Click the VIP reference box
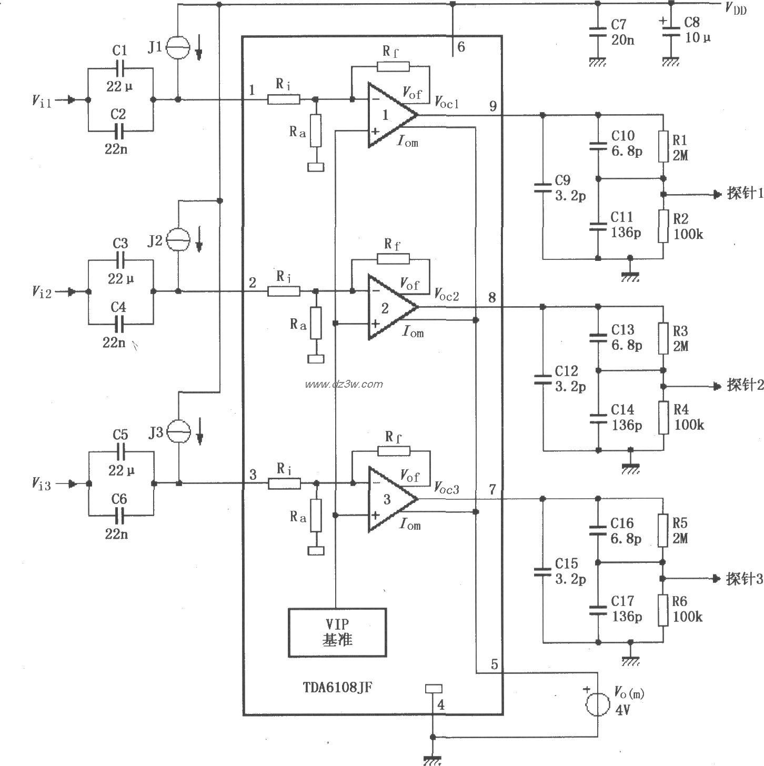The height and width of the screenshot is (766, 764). point(337,632)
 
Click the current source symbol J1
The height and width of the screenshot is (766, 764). point(178,48)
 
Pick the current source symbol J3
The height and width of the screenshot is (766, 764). point(178,432)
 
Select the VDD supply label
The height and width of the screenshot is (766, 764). point(735,8)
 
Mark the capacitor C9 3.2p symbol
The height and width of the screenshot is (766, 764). point(542,188)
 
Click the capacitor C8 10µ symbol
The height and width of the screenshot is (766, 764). point(670,31)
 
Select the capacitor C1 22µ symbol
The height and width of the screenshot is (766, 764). point(120,68)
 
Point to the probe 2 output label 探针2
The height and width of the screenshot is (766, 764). point(745,386)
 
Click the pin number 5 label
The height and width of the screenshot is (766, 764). point(494,664)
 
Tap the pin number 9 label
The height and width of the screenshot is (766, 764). point(493,106)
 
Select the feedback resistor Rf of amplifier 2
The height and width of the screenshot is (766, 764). point(393,258)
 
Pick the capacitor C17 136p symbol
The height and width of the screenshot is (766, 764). point(598,610)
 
